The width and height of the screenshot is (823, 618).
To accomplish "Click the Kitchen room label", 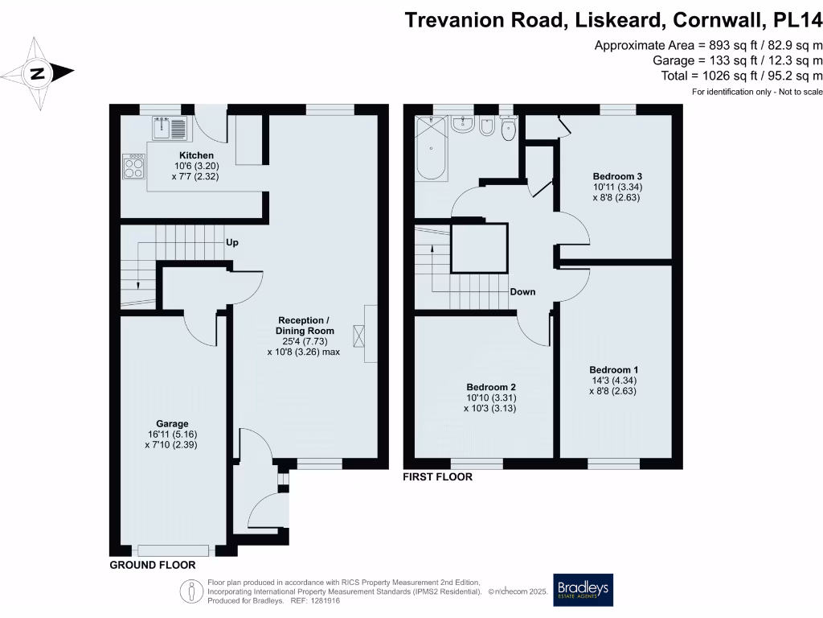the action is pos(196,155).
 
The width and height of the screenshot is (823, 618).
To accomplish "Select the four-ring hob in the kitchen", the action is pos(134,166).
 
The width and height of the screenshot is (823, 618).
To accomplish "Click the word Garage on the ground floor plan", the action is pos(172,423).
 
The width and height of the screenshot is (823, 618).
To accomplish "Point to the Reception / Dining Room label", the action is pos(305,325).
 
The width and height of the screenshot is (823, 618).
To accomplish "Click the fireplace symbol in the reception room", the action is pos(359,336).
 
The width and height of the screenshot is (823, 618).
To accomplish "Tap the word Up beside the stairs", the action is pos(232,242).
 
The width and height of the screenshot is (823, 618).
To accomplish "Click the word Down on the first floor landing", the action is pos(522,291).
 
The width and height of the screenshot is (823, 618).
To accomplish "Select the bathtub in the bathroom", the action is pos(432,148).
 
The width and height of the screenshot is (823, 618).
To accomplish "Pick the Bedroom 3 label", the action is pos(617,176).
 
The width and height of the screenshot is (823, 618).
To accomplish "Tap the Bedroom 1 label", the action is pos(613,369).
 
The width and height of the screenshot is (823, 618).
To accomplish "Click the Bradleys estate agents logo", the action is pos(583,590).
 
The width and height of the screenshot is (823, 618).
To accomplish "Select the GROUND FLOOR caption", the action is pos(153,565).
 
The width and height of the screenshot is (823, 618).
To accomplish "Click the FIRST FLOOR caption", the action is pos(438,476).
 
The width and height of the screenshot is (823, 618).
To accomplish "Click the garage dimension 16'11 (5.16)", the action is pos(172,434).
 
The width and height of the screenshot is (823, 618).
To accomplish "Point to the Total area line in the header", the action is pos(742,76).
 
